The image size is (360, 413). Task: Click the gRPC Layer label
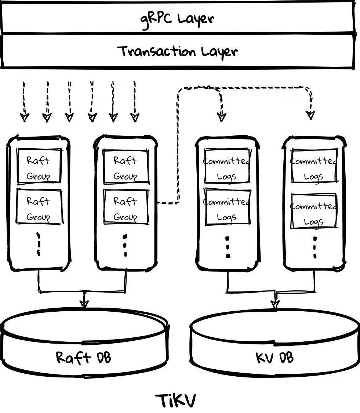coord(177,19)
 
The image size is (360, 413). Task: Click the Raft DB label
coord(84,357)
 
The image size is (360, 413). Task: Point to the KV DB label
coord(274,357)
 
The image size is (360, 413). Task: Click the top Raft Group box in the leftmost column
coord(39,166)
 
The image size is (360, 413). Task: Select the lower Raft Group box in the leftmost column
coord(39,206)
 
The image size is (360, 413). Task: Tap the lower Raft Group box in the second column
coord(126,207)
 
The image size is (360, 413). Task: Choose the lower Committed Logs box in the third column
coord(227,207)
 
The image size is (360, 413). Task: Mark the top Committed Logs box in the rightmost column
coord(314,166)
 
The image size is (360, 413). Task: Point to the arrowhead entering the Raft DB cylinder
coord(84,304)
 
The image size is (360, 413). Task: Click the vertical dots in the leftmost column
coord(39,244)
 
